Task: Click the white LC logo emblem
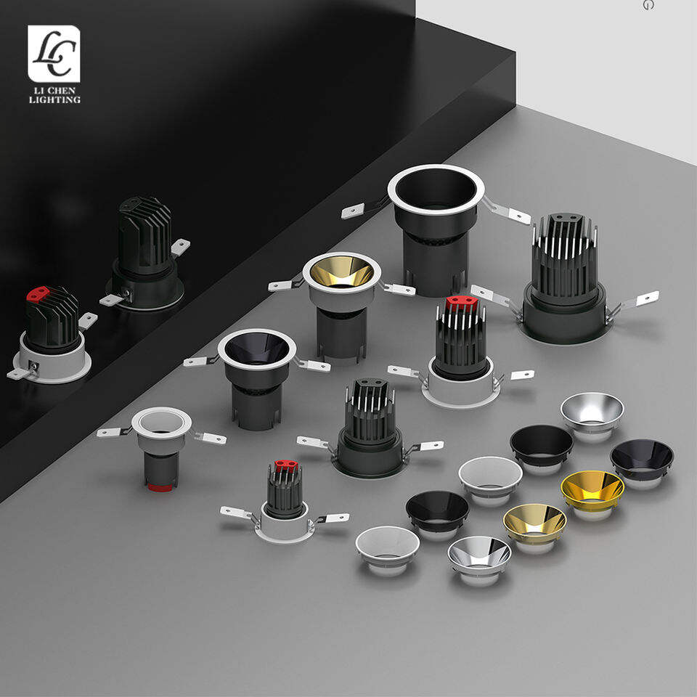tap(54, 53)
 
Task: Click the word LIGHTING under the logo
tap(54, 100)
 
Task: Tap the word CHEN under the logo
tap(61, 91)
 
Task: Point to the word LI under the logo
tap(38, 91)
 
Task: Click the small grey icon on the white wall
tap(648, 5)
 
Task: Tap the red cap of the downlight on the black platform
tap(38, 293)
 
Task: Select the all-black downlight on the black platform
tap(145, 253)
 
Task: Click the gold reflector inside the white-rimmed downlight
tap(341, 272)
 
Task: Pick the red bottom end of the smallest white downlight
tap(160, 488)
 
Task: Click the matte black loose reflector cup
tap(542, 447)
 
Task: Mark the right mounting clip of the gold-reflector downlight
tap(399, 289)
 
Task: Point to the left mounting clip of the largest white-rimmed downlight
tap(358, 209)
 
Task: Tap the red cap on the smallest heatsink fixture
tap(286, 465)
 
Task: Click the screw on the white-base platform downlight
tap(33, 366)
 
